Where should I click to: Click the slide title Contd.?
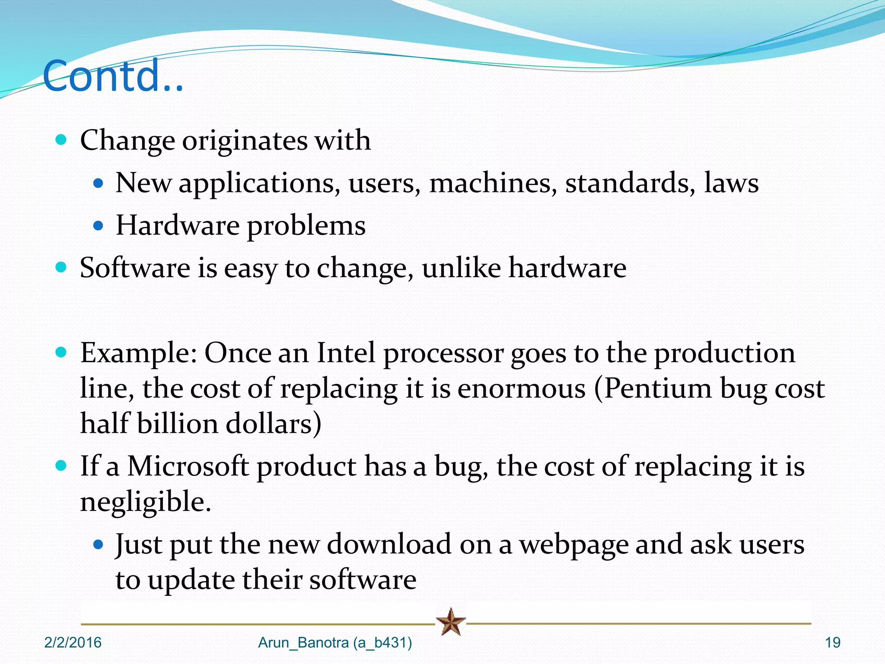coord(113,76)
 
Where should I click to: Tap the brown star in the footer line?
coord(451,622)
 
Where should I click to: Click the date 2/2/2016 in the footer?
coord(73,643)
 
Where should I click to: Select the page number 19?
coord(833,643)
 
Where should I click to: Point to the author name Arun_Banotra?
coord(303,643)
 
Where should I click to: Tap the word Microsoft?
coord(188,466)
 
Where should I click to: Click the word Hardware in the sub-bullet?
coord(178,226)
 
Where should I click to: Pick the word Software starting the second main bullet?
coord(135,268)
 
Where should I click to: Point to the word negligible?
coord(146,502)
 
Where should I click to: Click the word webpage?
coord(573,545)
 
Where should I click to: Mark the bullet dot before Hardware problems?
coord(99,225)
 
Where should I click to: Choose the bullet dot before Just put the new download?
coord(99,544)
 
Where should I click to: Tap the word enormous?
coord(521,389)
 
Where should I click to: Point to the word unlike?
coord(461,268)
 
